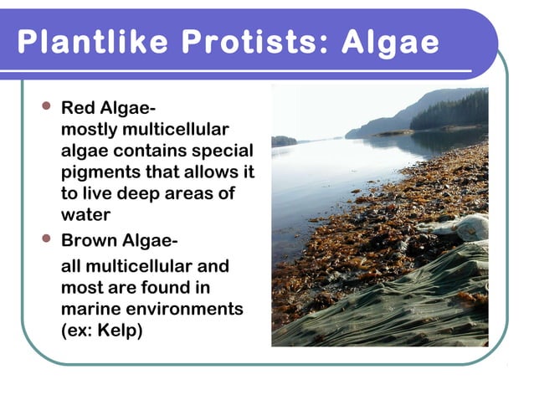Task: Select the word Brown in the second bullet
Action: click(x=90, y=242)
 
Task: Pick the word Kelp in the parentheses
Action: click(x=119, y=331)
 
